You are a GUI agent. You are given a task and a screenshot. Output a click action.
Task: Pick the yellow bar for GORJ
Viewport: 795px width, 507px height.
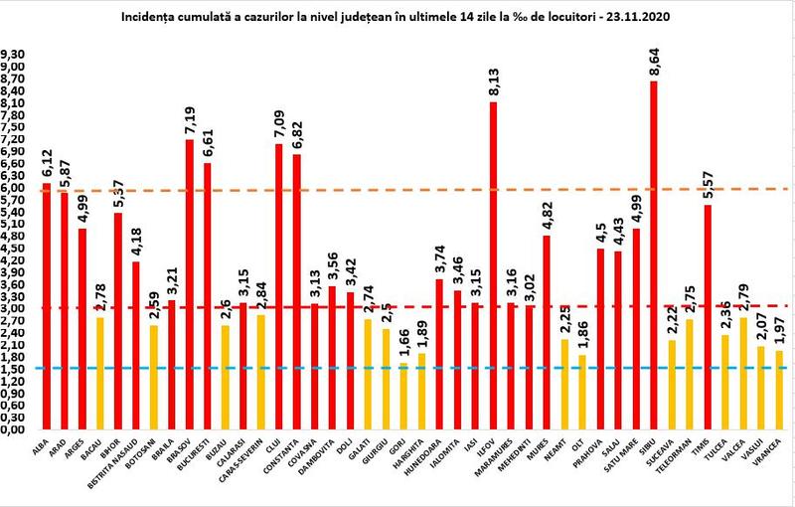tap(402, 397)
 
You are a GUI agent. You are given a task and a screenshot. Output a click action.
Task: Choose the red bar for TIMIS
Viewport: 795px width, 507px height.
tap(707, 317)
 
